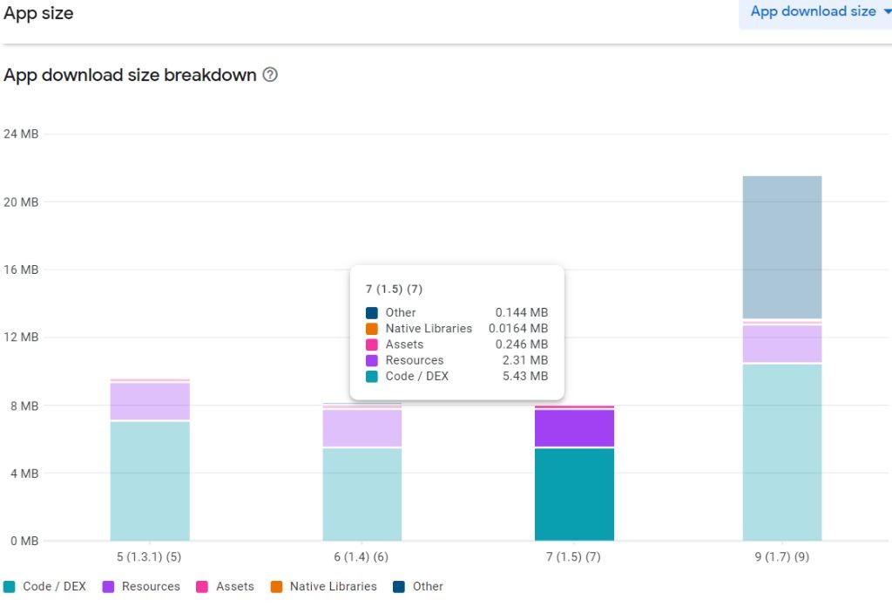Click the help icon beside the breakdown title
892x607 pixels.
[x=270, y=75]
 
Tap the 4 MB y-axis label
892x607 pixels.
[x=24, y=474]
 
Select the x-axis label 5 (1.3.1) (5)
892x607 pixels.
[x=149, y=556]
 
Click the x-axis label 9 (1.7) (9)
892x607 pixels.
[x=782, y=556]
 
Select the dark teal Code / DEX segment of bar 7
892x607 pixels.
[x=574, y=494]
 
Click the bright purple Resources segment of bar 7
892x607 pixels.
[x=574, y=427]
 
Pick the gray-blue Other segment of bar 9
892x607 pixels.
[x=782, y=247]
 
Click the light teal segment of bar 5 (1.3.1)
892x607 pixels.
[x=150, y=481]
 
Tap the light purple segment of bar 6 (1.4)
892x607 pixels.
[x=362, y=427]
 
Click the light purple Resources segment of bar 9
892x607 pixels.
[x=782, y=344]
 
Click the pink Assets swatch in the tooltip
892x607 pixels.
[x=372, y=344]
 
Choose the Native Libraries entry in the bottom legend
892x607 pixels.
[x=333, y=587]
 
